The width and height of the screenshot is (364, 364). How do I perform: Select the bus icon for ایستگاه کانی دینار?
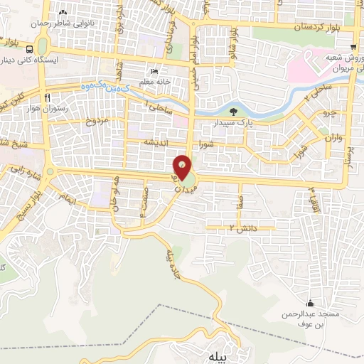[29, 50]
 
